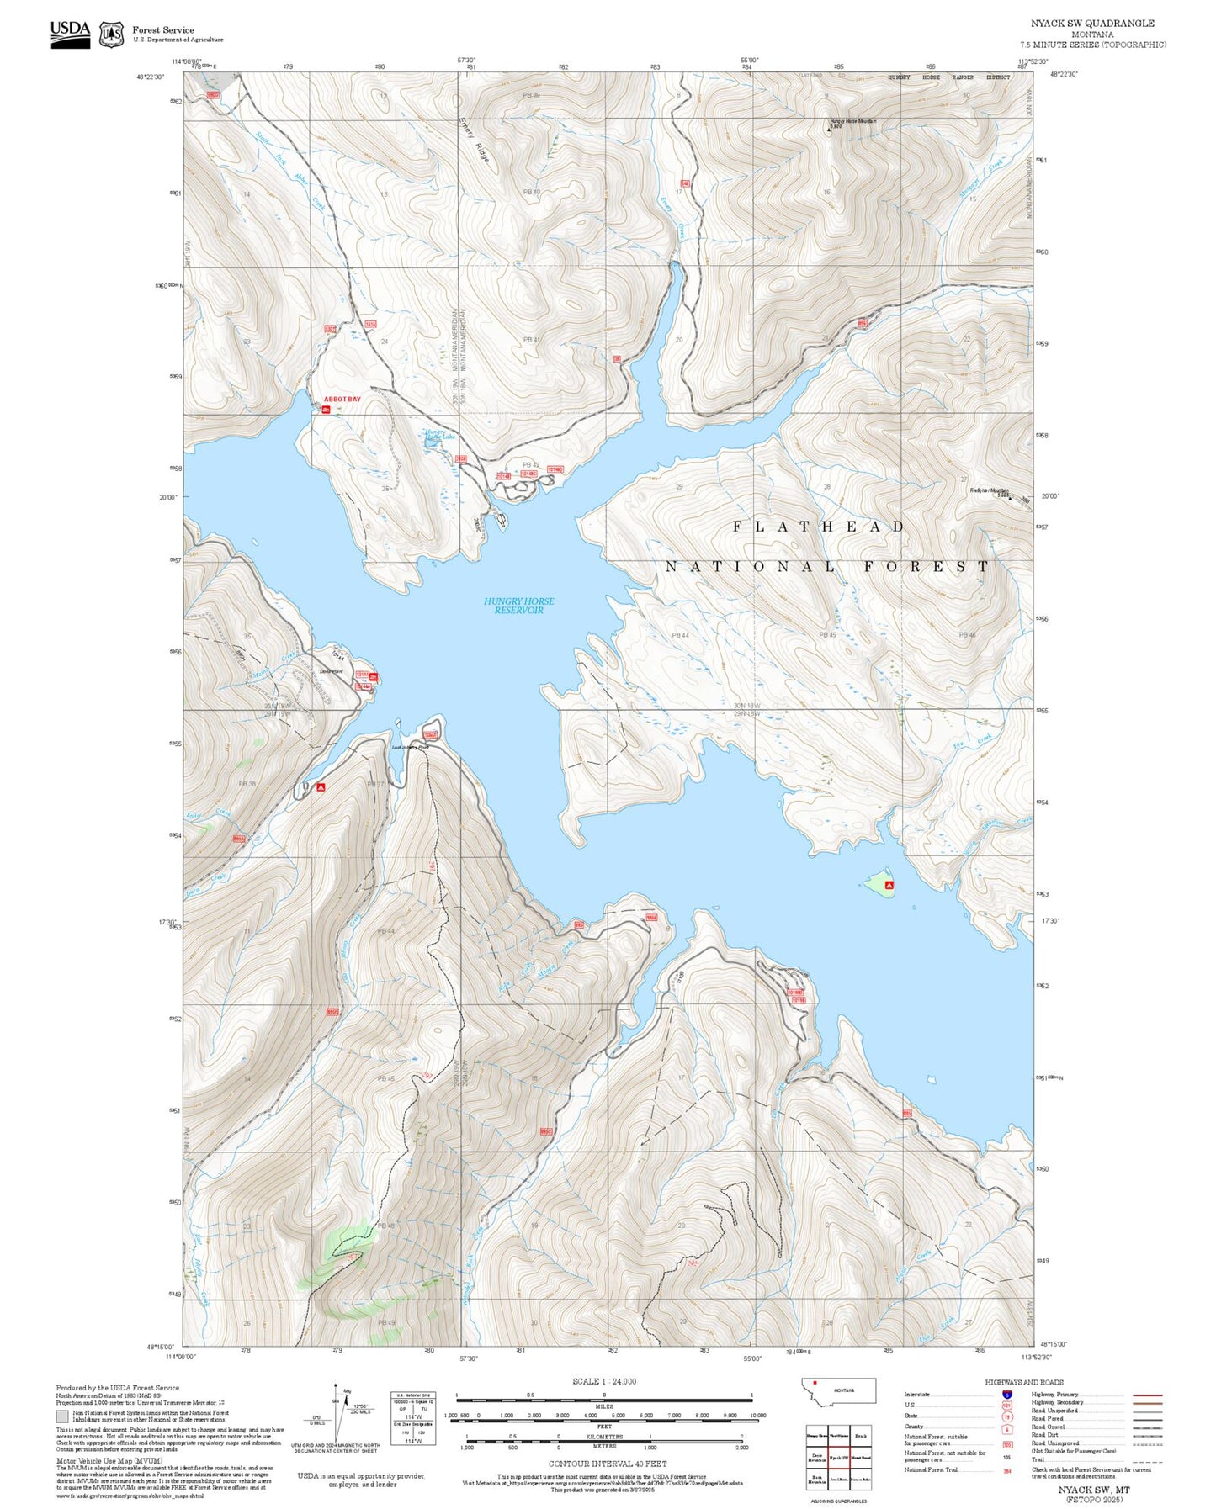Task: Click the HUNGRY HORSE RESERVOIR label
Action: [518, 606]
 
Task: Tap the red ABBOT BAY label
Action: [342, 400]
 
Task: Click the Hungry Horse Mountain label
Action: [852, 121]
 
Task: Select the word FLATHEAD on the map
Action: [819, 527]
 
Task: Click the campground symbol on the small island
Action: [889, 885]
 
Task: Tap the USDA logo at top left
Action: [70, 34]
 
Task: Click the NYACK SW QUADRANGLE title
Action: [1092, 24]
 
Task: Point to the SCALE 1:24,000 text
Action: [604, 1381]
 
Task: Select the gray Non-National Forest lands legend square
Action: [61, 1416]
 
